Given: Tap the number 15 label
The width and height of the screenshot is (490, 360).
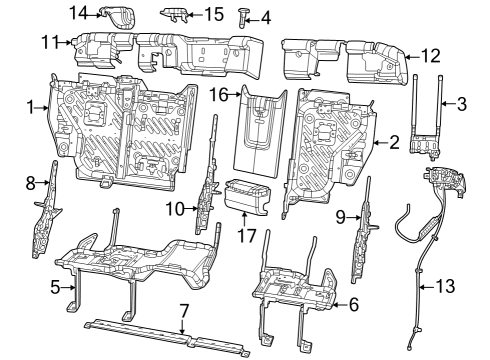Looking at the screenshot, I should pyautogui.click(x=214, y=14).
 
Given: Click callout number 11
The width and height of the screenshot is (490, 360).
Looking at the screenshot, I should pyautogui.click(x=50, y=42).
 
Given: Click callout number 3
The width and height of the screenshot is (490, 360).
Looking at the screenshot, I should pyautogui.click(x=461, y=103).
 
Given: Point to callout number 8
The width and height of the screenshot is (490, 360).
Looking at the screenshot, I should pyautogui.click(x=30, y=182).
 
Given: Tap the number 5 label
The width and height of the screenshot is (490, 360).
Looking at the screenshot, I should pyautogui.click(x=56, y=286).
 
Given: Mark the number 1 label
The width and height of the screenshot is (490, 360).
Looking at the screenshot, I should pyautogui.click(x=31, y=107).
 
